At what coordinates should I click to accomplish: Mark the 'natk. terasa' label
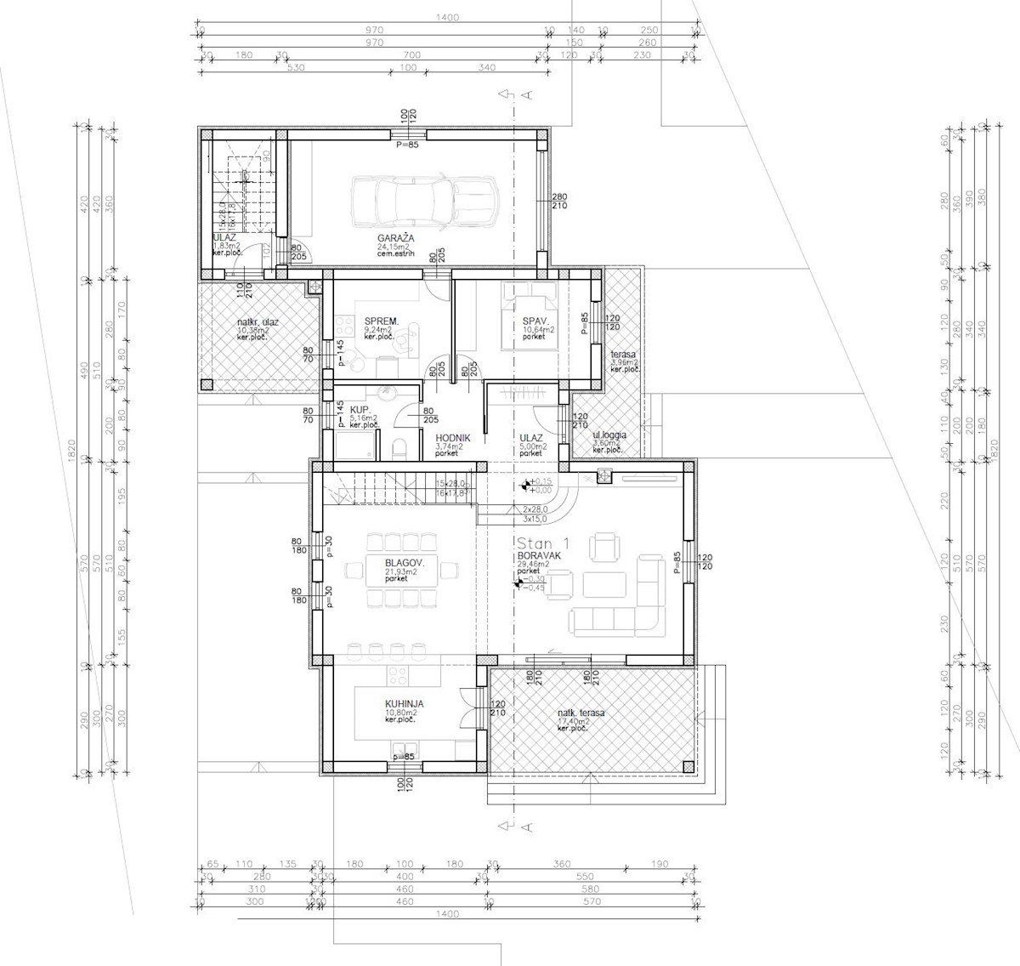click(581, 713)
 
